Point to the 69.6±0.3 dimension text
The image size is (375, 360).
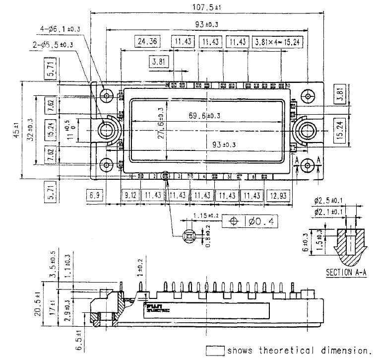pyautogui.click(x=204, y=116)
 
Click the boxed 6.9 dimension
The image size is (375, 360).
pyautogui.click(x=94, y=196)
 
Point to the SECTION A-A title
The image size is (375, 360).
pyautogui.click(x=346, y=273)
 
